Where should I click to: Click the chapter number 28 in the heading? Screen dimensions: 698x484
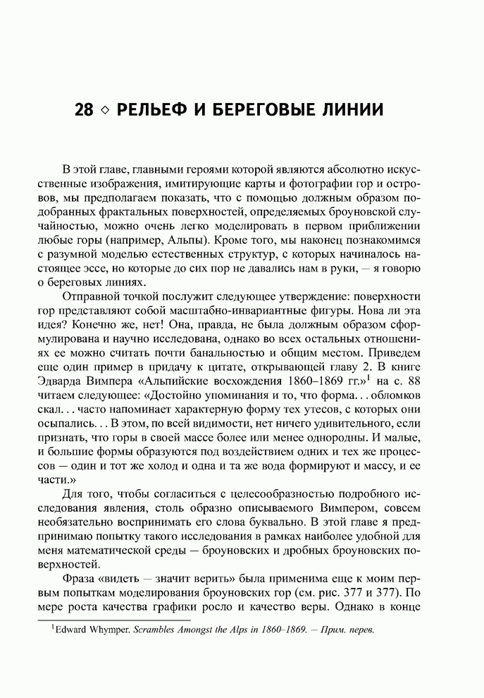(x=85, y=112)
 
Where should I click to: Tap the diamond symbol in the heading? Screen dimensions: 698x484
(x=106, y=113)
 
